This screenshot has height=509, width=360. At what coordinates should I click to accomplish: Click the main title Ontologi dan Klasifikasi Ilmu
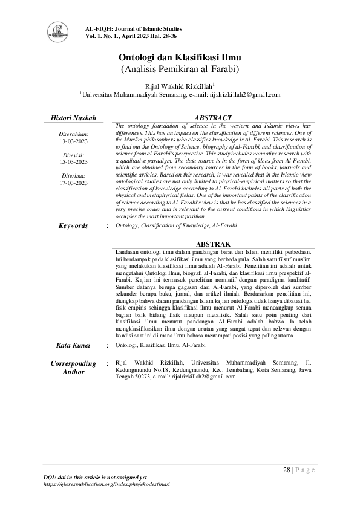[180, 58]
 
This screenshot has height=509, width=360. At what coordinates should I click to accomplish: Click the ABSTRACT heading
[212, 117]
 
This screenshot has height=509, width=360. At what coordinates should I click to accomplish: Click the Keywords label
[73, 225]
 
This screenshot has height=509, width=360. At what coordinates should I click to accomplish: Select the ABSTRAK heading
[212, 244]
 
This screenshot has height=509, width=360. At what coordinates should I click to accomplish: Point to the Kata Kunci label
[73, 345]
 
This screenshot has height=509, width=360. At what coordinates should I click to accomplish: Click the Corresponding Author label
[73, 368]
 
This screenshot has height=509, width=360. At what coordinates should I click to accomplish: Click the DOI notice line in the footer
[96, 478]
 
